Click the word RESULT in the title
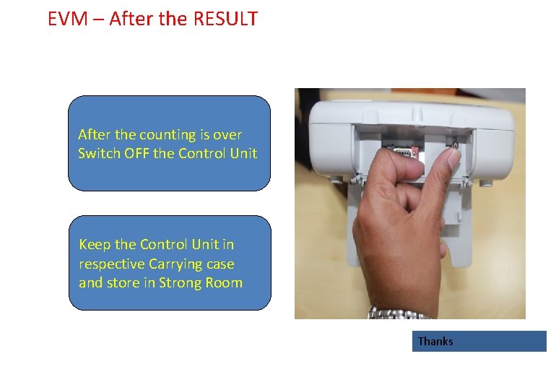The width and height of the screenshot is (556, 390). click(225, 19)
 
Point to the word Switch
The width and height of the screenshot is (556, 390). click(97, 153)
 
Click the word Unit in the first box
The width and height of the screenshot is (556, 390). click(243, 153)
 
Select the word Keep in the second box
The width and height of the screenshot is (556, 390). click(94, 244)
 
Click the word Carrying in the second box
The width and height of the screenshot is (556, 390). click(173, 264)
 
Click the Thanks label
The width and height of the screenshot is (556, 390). click(435, 341)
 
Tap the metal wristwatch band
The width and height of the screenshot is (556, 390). click(399, 313)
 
